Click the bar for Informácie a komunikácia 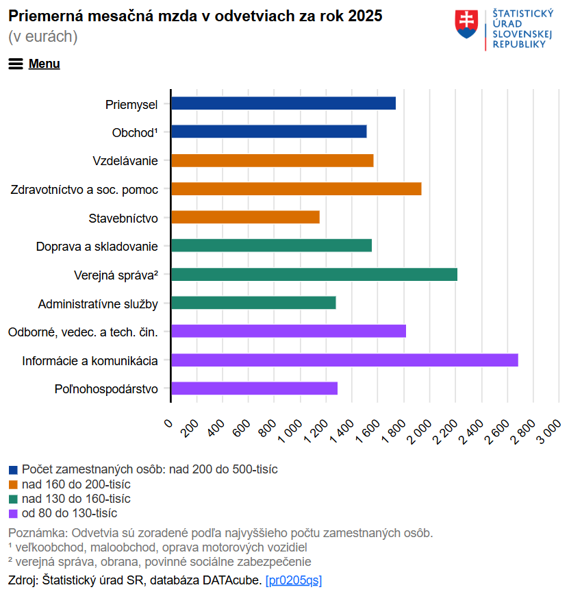click(x=344, y=360)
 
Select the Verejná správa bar click(x=314, y=275)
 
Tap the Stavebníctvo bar click(x=245, y=217)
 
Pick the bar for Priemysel click(x=283, y=103)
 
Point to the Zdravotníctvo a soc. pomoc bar click(x=296, y=189)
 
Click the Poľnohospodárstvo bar click(x=254, y=388)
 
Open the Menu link click(x=45, y=64)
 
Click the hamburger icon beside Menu click(x=16, y=64)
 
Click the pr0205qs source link click(x=293, y=580)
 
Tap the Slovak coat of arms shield click(x=466, y=25)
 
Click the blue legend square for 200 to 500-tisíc click(x=13, y=470)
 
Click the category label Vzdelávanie click(x=125, y=161)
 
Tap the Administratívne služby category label click(x=98, y=304)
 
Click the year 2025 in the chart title click(x=365, y=16)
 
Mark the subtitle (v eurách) click(x=43, y=37)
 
